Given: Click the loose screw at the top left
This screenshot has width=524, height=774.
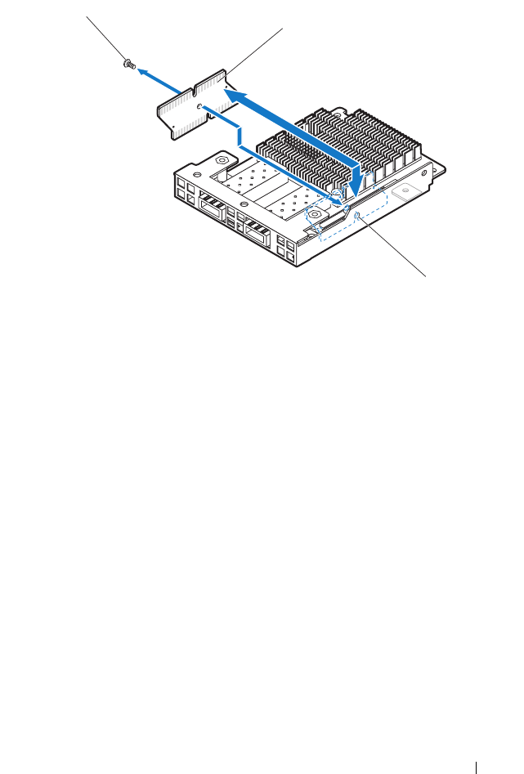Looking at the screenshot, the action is tap(128, 64).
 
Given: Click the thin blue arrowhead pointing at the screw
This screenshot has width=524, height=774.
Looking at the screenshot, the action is tap(141, 71).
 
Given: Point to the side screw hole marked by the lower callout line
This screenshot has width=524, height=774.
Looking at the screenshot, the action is tap(358, 215).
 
